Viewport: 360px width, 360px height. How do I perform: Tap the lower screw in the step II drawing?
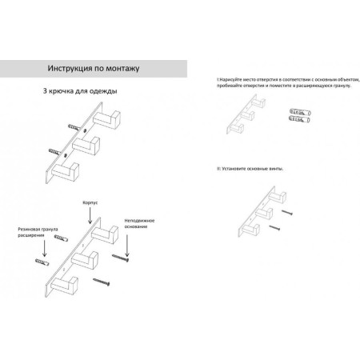pyautogui.click(x=274, y=227)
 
